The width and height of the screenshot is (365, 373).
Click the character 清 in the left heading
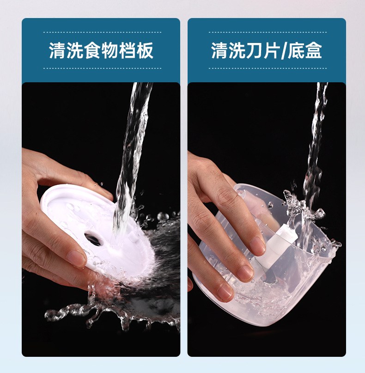click(x=57, y=50)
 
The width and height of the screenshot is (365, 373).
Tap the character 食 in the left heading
click(x=92, y=50)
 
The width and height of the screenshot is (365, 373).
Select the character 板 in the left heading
click(x=145, y=50)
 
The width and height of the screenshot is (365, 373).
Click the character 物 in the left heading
click(x=110, y=50)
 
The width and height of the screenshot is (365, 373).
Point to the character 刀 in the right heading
click(x=255, y=50)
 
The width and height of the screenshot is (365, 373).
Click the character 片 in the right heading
click(x=272, y=50)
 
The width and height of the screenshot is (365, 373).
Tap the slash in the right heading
click(x=284, y=51)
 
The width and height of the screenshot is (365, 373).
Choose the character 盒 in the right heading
click(x=314, y=50)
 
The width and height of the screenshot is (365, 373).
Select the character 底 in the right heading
click(x=296, y=50)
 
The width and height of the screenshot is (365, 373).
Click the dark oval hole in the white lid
click(x=93, y=239)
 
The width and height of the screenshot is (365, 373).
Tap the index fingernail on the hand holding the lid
click(x=76, y=258)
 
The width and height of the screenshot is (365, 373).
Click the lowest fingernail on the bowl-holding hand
click(x=225, y=292)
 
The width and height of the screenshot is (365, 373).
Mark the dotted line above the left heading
click(x=102, y=32)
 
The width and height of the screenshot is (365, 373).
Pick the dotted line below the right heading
click(x=268, y=68)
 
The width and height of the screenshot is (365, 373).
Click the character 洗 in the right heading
click(x=237, y=50)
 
